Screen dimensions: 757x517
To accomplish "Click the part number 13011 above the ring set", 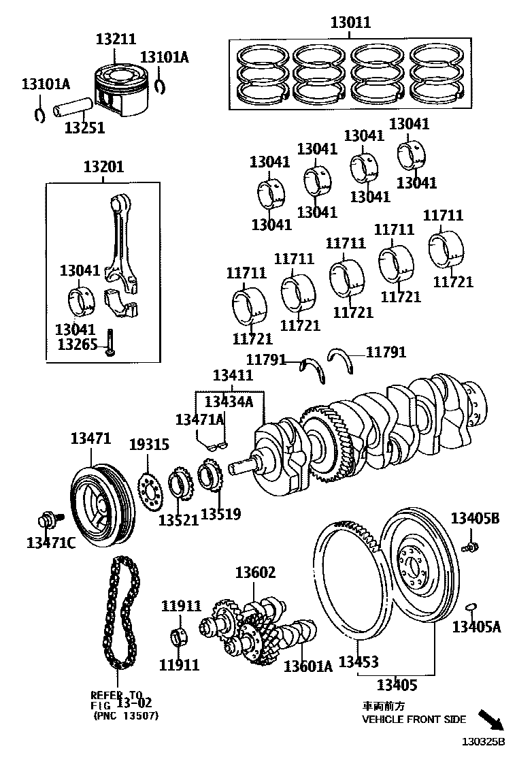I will coord(350,22).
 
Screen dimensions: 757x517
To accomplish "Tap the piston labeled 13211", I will coord(122,92).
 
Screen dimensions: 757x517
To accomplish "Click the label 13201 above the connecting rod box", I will coord(103,166).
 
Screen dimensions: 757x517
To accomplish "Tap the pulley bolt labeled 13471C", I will coord(48,520).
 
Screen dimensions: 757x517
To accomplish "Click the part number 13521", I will coord(179,519).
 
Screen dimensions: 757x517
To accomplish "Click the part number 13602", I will coord(255,573).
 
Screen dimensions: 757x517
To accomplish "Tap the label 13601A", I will coord(307,666).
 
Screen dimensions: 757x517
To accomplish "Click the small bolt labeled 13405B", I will coord(469,546).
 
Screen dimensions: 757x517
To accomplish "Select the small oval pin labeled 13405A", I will coord(471,606).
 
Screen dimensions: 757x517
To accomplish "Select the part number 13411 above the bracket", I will coord(233,375).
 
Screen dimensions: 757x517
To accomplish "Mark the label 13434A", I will coord(229,401).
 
